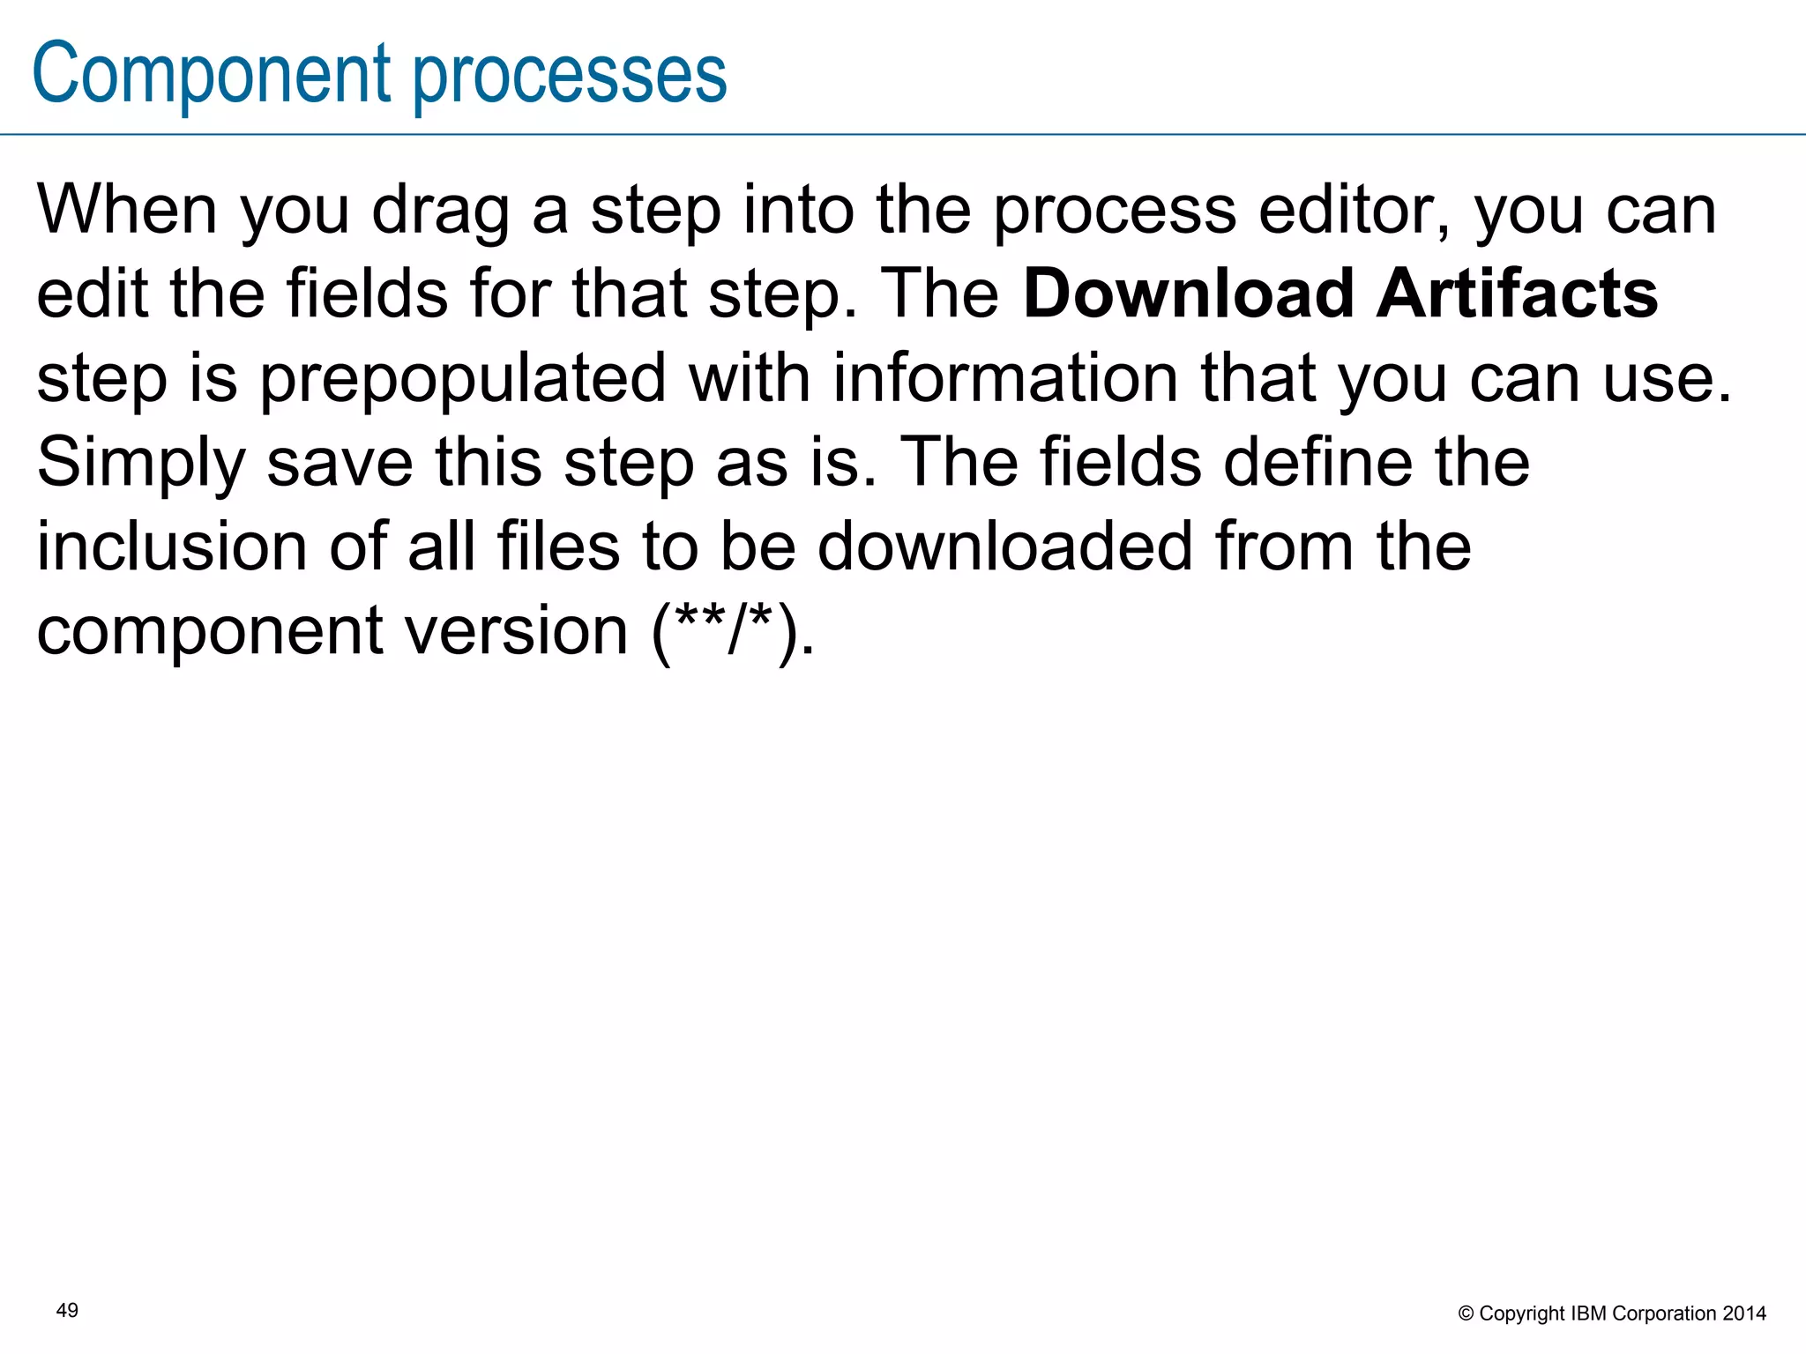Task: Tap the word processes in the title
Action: coord(570,78)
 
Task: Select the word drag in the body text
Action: coord(440,212)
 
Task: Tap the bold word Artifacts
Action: coord(1517,294)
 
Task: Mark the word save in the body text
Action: coord(340,464)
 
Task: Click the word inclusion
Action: coord(172,546)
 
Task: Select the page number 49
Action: coord(67,1311)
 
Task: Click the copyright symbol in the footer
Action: coord(1466,1314)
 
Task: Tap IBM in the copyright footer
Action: coord(1588,1314)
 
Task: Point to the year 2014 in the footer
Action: coord(1744,1314)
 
